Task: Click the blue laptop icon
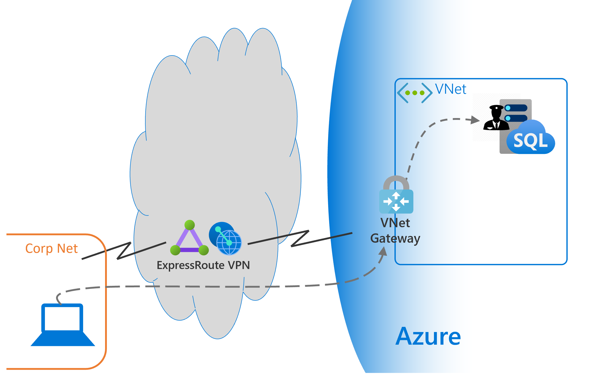(x=63, y=325)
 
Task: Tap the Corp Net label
(x=51, y=249)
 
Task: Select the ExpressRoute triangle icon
(x=189, y=239)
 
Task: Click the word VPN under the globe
(x=239, y=265)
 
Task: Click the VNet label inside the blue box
(x=451, y=89)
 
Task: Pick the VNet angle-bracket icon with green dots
(x=415, y=93)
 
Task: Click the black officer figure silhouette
(x=496, y=118)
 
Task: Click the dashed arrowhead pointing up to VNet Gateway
(x=384, y=251)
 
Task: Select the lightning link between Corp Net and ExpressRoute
(x=124, y=250)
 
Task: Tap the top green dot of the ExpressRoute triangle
(x=189, y=225)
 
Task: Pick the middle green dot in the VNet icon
(x=415, y=93)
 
